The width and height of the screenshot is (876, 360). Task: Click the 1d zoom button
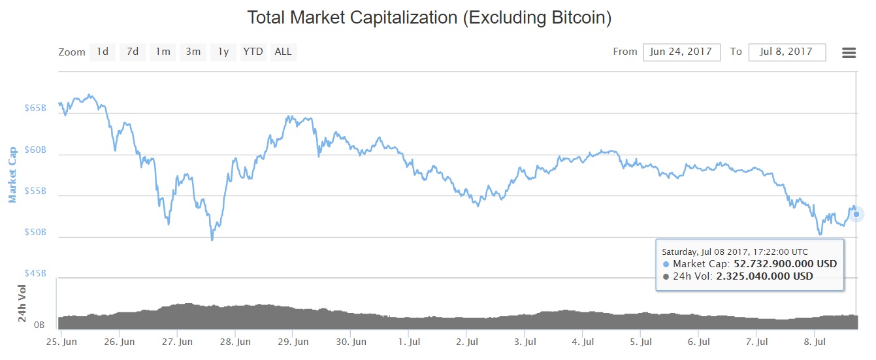pos(103,52)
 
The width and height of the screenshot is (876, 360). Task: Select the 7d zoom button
pos(132,52)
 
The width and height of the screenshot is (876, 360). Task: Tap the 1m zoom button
pos(163,52)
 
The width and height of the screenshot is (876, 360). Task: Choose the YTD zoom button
pos(253,52)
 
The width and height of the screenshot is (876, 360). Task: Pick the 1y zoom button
pos(223,52)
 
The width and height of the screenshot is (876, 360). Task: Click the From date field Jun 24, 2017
pos(681,52)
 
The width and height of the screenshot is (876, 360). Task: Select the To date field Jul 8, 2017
pos(787,52)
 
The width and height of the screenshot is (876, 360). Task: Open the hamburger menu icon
pos(849,52)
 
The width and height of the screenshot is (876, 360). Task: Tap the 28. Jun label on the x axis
pos(235,342)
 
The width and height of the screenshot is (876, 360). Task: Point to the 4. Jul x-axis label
pos(583,342)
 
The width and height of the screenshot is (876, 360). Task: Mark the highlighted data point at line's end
pos(856,214)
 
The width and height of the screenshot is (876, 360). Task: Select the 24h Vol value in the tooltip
pos(764,276)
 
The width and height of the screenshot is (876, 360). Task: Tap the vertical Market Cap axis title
pos(12,172)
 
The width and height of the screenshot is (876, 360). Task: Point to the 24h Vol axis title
pos(22,303)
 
